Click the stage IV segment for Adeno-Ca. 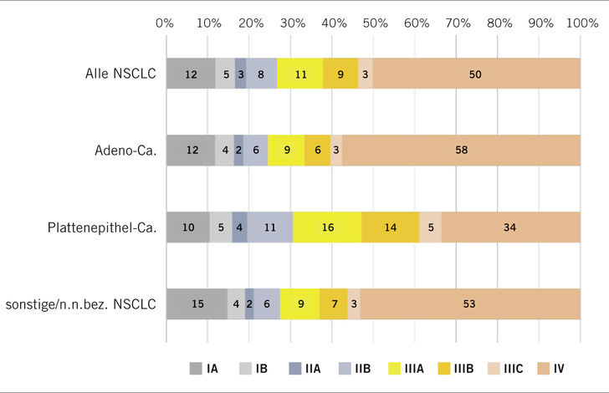pyautogui.click(x=461, y=151)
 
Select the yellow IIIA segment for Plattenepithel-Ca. pyautogui.click(x=327, y=227)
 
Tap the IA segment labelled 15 pyautogui.click(x=197, y=304)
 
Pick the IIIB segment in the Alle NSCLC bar pyautogui.click(x=340, y=74)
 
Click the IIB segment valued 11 pyautogui.click(x=270, y=227)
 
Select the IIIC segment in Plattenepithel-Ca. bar pyautogui.click(x=430, y=227)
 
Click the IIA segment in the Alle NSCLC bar pyautogui.click(x=241, y=74)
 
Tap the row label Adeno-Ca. pyautogui.click(x=118, y=151)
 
